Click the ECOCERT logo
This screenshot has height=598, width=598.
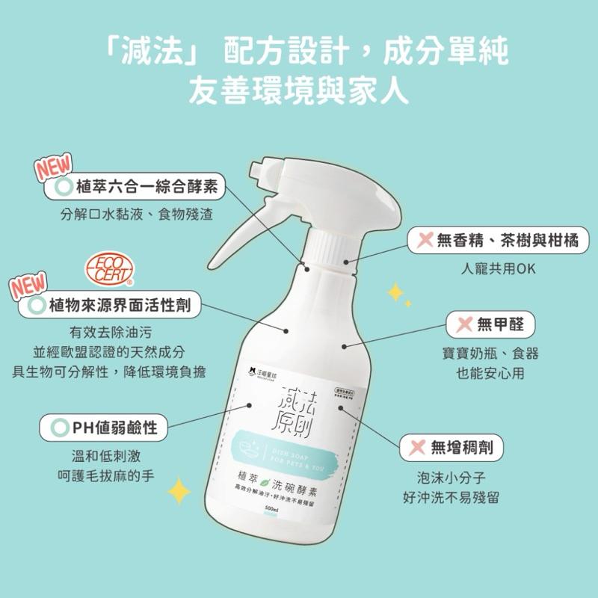click(110, 271)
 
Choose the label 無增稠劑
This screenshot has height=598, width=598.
click(451, 448)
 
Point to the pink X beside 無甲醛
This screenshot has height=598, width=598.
click(463, 324)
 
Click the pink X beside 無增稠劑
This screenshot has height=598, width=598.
click(413, 448)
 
